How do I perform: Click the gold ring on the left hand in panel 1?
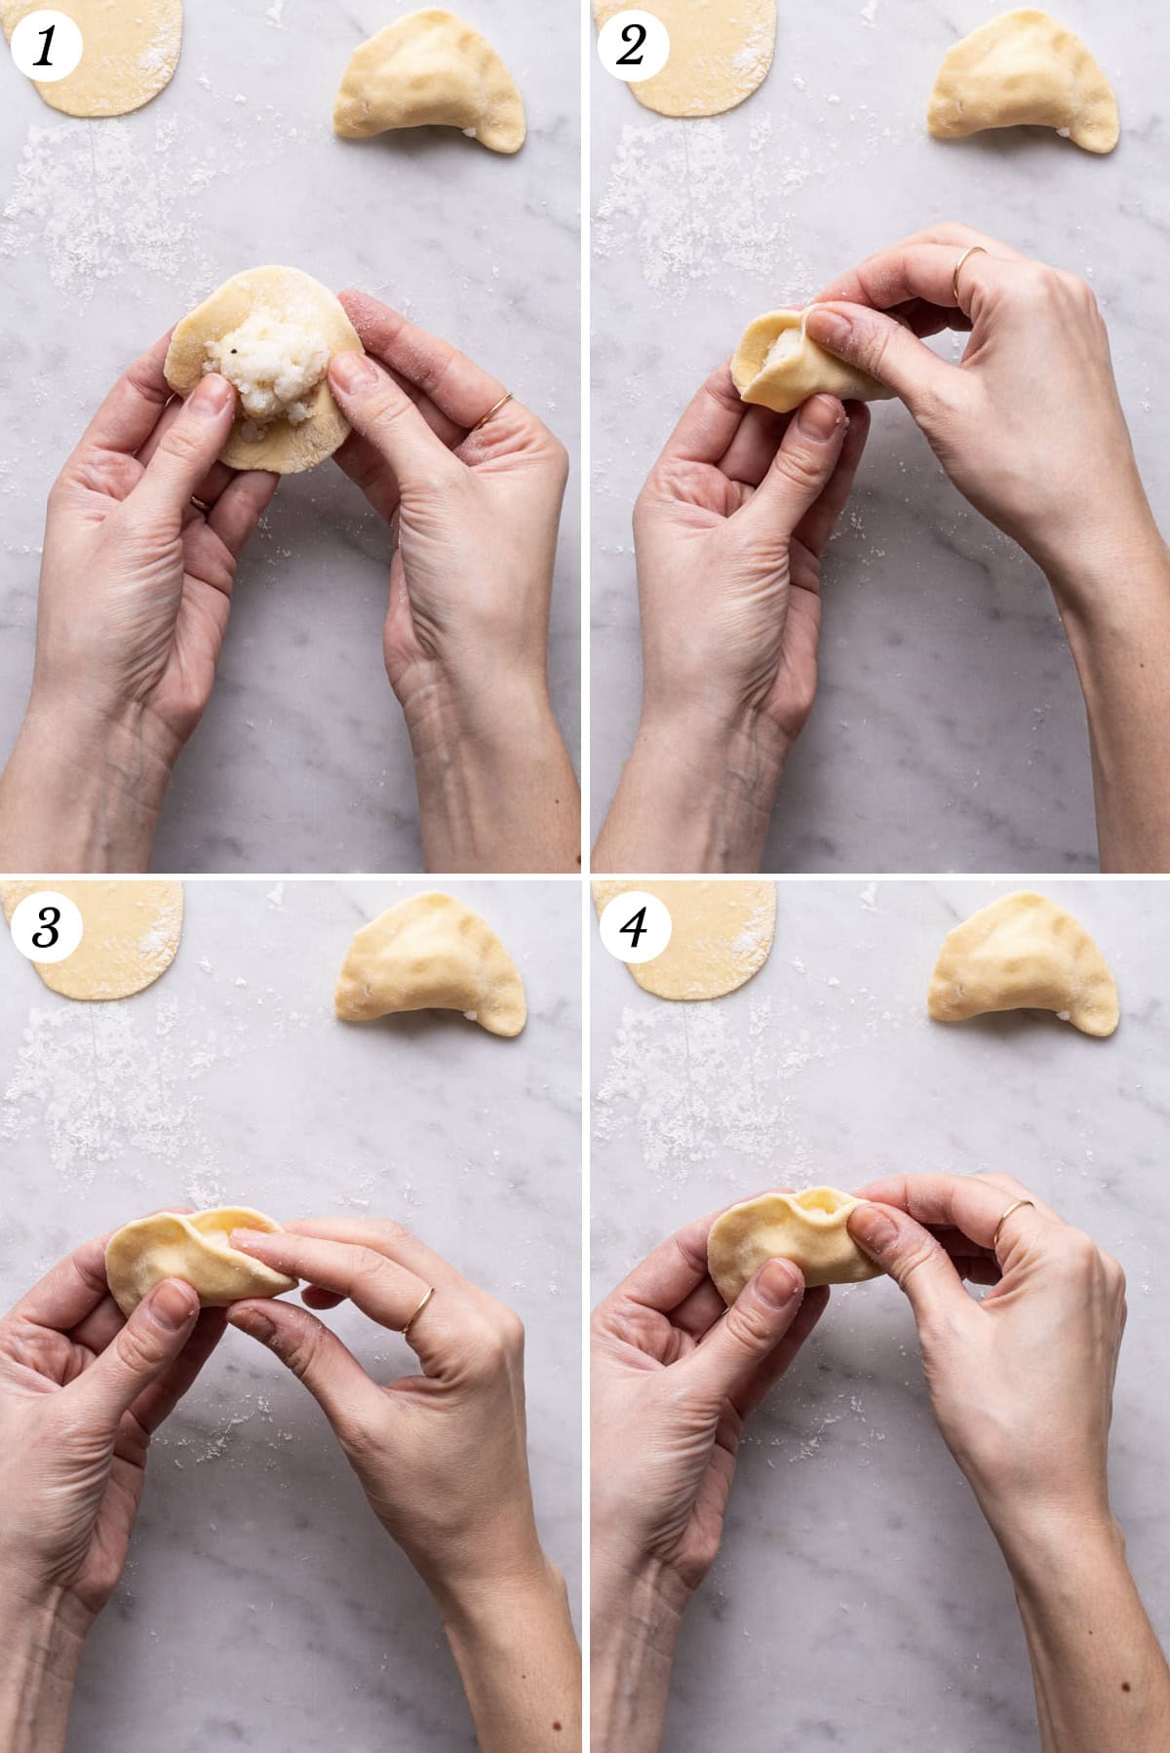tap(200, 503)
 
